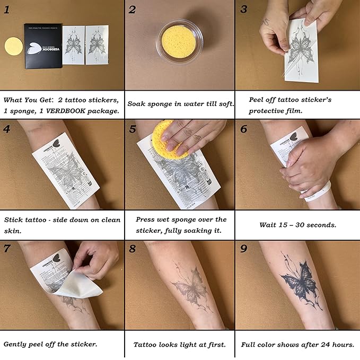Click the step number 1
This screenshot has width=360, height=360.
pos(7,9)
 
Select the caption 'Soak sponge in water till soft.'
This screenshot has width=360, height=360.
pos(180,103)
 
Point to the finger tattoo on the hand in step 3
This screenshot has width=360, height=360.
pos(267,23)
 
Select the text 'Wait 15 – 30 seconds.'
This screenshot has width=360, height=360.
pos(298,224)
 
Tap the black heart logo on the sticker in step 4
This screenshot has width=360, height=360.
pos(57,145)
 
